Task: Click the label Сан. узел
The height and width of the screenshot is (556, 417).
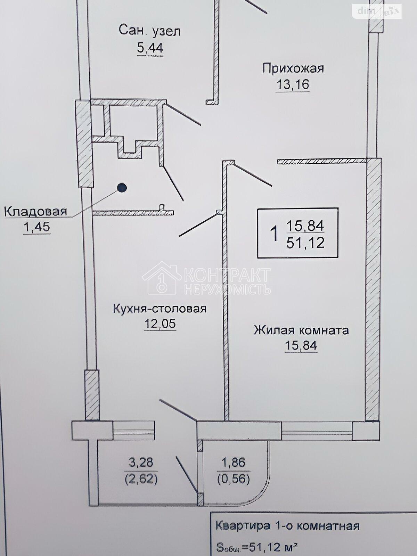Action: tap(150, 31)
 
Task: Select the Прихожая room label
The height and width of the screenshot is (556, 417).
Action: tap(293, 69)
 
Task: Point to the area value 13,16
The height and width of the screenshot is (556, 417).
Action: tap(293, 84)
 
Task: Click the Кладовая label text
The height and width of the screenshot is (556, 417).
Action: tap(36, 212)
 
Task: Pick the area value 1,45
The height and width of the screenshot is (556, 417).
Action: tap(36, 227)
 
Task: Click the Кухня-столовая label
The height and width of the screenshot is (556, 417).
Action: tap(160, 309)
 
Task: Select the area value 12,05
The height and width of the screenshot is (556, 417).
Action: tap(160, 324)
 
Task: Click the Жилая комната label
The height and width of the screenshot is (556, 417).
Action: tap(301, 330)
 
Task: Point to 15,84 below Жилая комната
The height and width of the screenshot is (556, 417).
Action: tap(301, 345)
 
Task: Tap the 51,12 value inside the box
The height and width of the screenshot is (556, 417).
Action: tap(305, 244)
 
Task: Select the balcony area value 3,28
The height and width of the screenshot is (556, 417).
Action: tap(141, 463)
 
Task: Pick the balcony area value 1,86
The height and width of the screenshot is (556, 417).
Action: tap(233, 463)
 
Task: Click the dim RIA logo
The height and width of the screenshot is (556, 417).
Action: tap(377, 11)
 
